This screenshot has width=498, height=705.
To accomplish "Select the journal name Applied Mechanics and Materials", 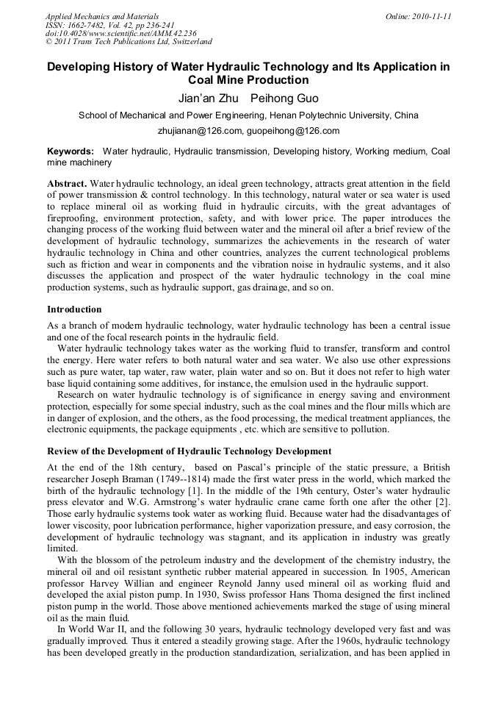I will click(x=102, y=16).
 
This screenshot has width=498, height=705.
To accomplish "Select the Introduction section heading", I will click(x=74, y=309).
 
